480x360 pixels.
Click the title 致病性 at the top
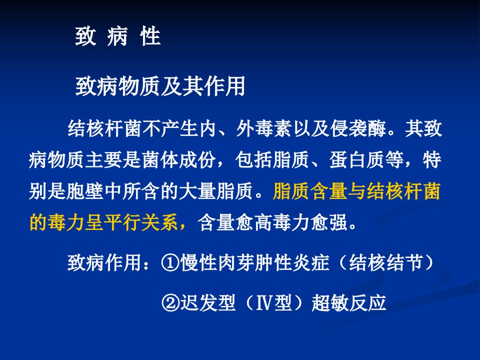click(x=118, y=36)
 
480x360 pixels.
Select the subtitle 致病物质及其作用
click(x=160, y=86)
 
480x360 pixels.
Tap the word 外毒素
click(x=264, y=128)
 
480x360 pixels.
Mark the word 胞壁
click(x=85, y=191)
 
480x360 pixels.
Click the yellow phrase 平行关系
click(x=141, y=222)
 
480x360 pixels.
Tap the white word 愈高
click(x=254, y=222)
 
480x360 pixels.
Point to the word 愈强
click(x=329, y=222)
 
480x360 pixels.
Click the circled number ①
click(x=170, y=262)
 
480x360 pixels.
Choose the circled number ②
click(x=170, y=303)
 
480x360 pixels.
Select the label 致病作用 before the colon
click(x=104, y=262)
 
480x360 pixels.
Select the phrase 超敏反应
click(x=349, y=303)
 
